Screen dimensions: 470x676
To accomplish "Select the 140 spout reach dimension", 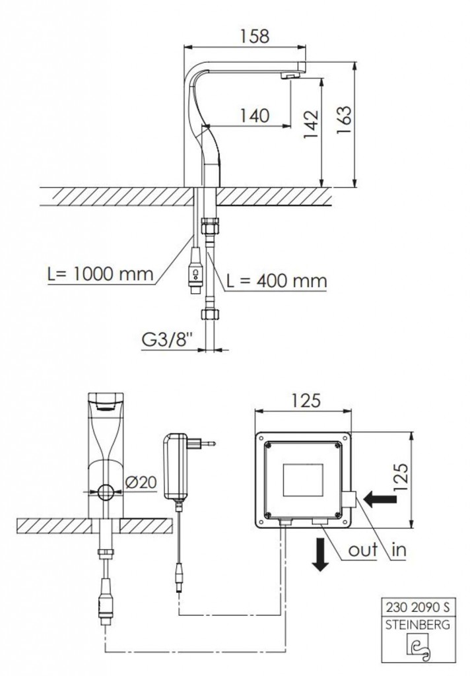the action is (x=254, y=116).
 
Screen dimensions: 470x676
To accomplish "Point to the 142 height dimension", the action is (x=311, y=125).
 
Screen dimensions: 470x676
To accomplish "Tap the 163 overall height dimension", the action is (x=344, y=120).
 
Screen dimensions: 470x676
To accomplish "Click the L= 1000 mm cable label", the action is (x=100, y=274).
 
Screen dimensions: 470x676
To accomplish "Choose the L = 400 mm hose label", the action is (x=277, y=281).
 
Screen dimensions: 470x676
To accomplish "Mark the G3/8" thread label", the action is (x=166, y=340).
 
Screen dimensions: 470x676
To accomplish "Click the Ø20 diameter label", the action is (x=141, y=483).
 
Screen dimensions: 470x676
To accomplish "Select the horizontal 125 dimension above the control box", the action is (x=305, y=401).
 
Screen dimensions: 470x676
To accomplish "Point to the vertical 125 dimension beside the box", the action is (x=400, y=477).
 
